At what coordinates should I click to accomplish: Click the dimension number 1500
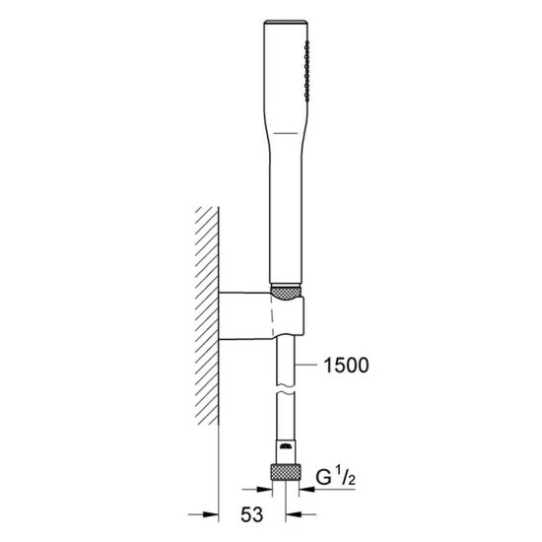tap(346, 366)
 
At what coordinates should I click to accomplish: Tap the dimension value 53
tap(251, 514)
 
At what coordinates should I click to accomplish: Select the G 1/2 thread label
tap(335, 477)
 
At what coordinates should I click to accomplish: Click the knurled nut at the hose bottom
tap(286, 472)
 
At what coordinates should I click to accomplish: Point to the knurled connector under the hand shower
tap(286, 293)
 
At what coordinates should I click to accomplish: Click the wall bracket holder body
tap(261, 315)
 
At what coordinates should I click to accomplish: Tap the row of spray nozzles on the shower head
tap(306, 71)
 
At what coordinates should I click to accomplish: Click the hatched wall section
tap(207, 315)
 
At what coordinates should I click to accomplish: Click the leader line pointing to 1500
tap(305, 365)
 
